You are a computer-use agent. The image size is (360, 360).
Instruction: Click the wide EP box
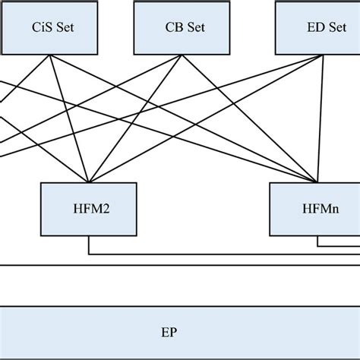(x=180, y=332)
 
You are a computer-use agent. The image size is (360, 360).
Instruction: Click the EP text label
(x=168, y=332)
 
